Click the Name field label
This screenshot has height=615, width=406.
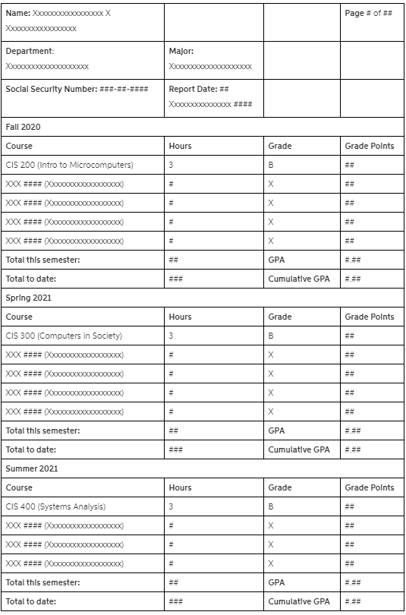[18, 14]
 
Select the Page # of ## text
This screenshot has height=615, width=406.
[368, 14]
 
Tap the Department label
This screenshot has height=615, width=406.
[30, 51]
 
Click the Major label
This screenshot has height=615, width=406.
[181, 51]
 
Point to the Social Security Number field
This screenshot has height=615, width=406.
[77, 89]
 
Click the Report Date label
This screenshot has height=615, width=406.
[193, 89]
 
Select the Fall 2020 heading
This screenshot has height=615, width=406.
[22, 127]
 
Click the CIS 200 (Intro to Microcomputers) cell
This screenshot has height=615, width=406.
[69, 165]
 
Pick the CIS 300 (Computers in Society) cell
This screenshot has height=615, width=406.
[64, 336]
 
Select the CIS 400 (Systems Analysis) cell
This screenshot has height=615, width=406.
[55, 506]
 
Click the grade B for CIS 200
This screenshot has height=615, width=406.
[271, 165]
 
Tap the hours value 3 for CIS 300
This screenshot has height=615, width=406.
[171, 336]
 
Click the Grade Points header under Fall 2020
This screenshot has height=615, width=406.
[370, 146]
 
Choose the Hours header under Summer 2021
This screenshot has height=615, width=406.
[180, 487]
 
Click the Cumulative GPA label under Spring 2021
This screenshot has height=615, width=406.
[299, 449]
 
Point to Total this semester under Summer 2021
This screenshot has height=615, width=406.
[43, 582]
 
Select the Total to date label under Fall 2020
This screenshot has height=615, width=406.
[30, 279]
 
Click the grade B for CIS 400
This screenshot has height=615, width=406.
[271, 506]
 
